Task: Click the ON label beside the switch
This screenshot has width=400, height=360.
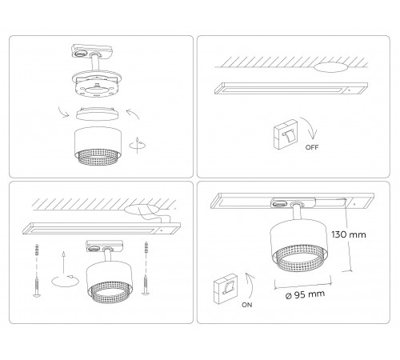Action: (x=246, y=304)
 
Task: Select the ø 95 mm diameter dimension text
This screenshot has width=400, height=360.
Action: (x=303, y=294)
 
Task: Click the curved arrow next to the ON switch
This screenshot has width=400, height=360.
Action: (x=249, y=284)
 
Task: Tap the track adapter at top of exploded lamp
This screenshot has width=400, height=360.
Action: (x=84, y=50)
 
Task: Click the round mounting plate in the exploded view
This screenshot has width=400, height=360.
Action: (x=97, y=82)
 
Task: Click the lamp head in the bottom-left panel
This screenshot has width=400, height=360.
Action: (x=104, y=280)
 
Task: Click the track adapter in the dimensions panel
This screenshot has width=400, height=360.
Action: (x=289, y=205)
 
